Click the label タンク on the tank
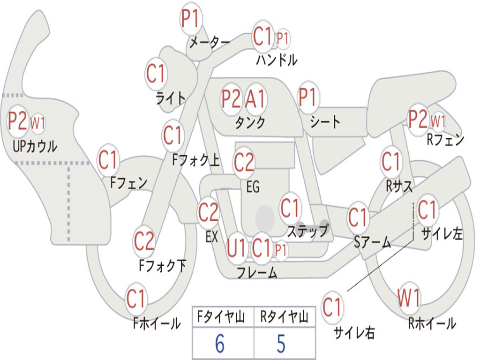250,122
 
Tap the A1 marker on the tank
255,98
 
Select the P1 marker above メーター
191,18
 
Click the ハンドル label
277,60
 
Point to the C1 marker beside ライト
156,74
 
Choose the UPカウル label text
35,146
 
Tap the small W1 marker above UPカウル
37,123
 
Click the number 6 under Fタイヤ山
220,343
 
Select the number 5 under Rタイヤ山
281,343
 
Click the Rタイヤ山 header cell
285,317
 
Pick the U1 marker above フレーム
236,248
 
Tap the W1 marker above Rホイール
409,298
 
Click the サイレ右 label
354,332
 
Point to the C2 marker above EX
208,212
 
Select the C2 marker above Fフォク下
144,241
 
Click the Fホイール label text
157,323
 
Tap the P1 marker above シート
308,97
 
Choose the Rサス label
399,186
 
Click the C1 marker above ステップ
290,208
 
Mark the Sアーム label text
372,242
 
